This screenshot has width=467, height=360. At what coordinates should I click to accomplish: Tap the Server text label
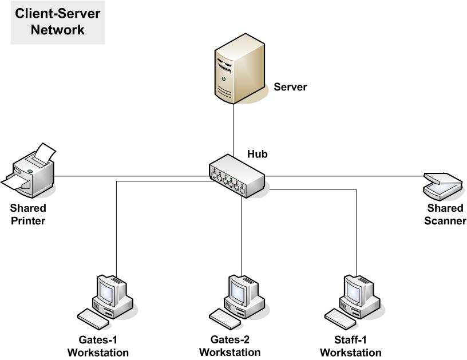290,88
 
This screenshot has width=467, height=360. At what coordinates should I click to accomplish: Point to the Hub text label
257,154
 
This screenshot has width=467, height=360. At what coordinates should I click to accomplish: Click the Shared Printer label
28,215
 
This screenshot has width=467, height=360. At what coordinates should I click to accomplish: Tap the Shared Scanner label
445,215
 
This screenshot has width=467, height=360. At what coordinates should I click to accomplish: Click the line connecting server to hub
233,129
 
